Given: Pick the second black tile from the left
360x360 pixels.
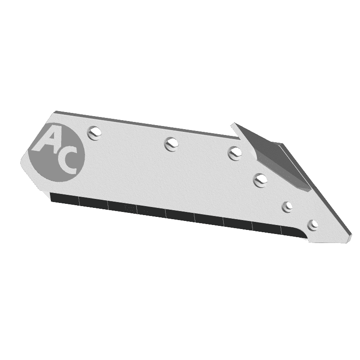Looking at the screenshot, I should pos(93,203).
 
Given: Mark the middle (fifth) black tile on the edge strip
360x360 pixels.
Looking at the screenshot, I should pos(180,215).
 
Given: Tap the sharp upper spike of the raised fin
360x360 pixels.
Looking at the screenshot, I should pos(232,124).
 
